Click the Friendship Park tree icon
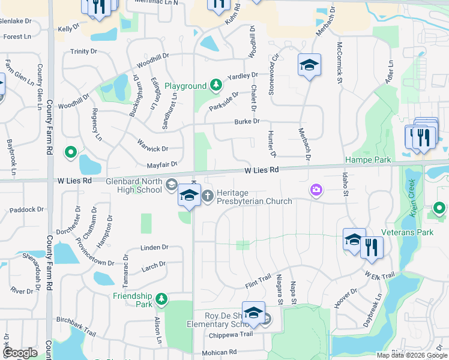(161, 299)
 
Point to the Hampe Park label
(368, 160)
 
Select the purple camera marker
(316, 190)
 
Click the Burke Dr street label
(247, 121)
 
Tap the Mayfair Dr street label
(162, 164)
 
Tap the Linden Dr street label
(154, 247)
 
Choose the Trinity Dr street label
(83, 52)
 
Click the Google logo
(20, 353)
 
